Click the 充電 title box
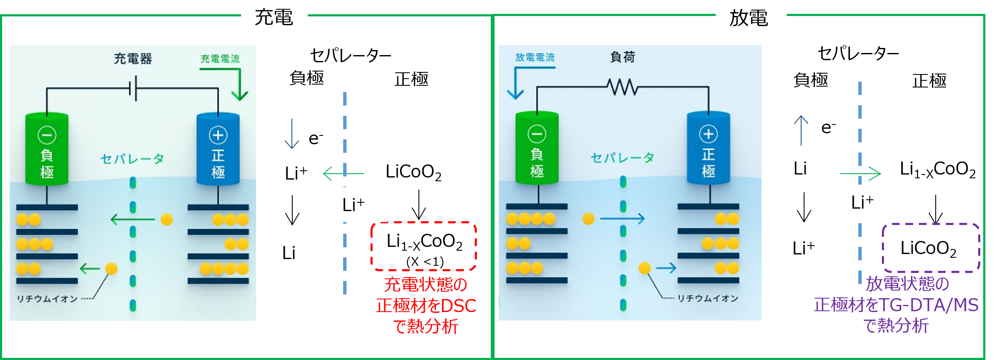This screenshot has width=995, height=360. click(x=274, y=18)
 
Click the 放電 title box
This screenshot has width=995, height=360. click(x=751, y=19)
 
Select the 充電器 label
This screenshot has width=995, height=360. click(x=132, y=58)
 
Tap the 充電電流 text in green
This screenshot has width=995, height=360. click(x=220, y=59)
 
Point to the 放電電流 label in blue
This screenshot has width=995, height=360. click(x=535, y=57)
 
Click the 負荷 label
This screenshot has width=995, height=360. click(x=622, y=57)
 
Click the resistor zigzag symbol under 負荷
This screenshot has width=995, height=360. click(x=622, y=87)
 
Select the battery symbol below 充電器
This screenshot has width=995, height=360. click(x=133, y=88)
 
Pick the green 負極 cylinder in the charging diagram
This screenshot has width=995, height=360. click(x=47, y=149)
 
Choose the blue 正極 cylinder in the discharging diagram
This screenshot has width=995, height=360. click(x=708, y=148)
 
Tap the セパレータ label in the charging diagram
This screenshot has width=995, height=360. click(x=132, y=159)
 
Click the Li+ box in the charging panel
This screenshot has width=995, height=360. click(x=353, y=204)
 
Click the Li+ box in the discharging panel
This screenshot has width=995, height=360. click(x=863, y=202)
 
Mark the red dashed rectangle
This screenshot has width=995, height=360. click(x=423, y=246)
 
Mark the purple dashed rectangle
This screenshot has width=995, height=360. click(x=931, y=248)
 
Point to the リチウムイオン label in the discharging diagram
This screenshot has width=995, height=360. click(x=707, y=298)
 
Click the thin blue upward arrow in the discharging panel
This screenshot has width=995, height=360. click(x=801, y=130)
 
